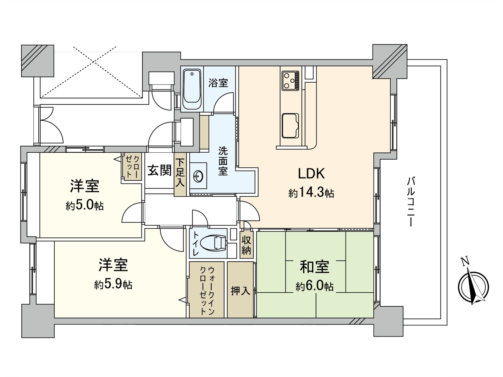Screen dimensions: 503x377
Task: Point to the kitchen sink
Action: click(290, 126)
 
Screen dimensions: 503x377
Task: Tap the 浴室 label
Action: click(218, 83)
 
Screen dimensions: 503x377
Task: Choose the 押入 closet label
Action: click(240, 291)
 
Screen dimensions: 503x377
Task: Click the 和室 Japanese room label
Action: click(315, 267)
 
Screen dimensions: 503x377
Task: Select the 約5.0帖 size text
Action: click(85, 206)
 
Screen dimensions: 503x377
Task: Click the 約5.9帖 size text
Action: click(113, 285)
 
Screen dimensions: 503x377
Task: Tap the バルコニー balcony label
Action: click(411, 202)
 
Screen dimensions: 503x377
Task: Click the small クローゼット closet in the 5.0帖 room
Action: click(131, 167)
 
